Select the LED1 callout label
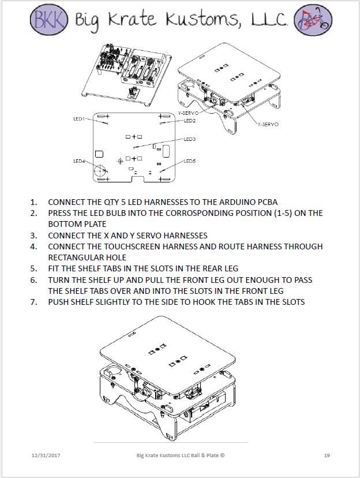[79, 118]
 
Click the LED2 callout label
[189, 121]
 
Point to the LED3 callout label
[189, 139]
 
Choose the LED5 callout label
[189, 161]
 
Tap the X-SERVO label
[268, 124]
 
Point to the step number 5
[33, 268]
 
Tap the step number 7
[33, 302]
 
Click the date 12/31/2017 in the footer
[47, 455]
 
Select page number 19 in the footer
[327, 455]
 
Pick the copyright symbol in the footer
[222, 455]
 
